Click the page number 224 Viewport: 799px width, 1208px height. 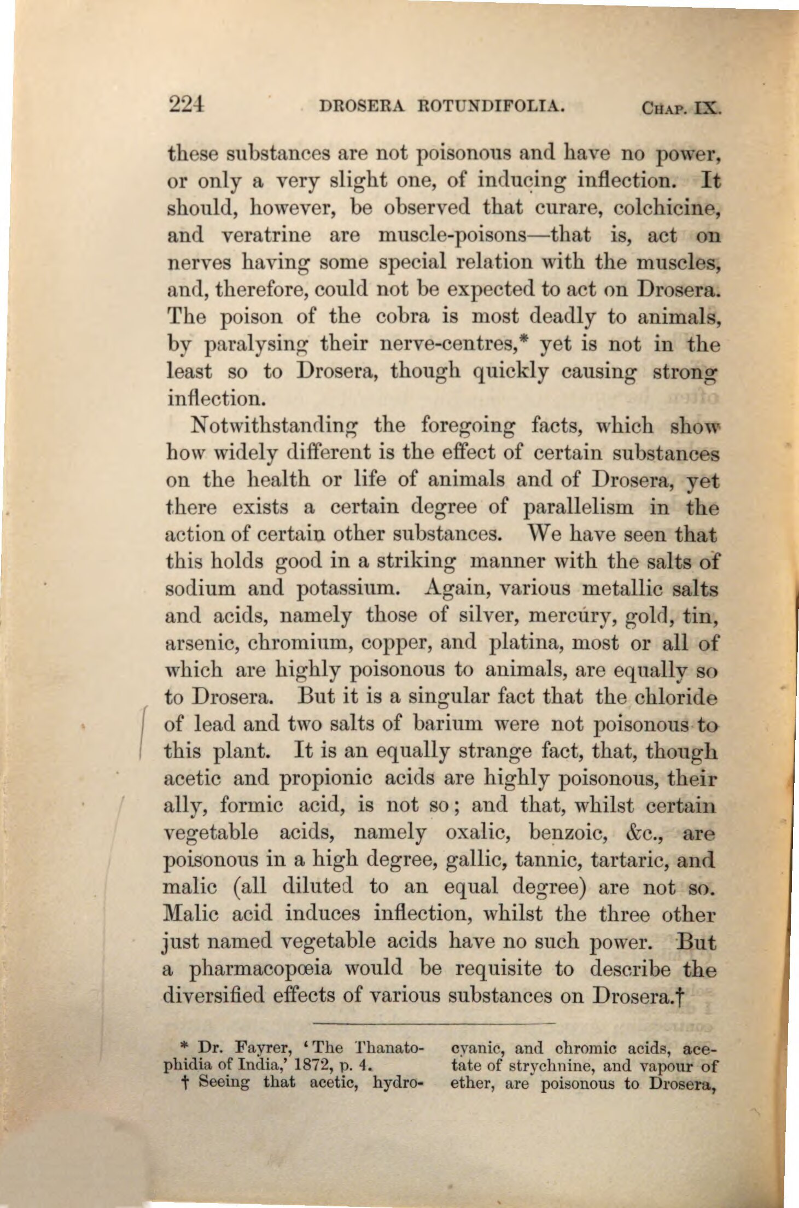tap(187, 103)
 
